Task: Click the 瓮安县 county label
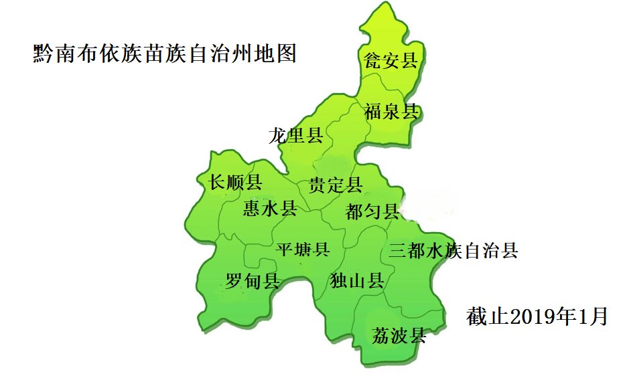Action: click(391, 62)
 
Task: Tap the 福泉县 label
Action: click(392, 111)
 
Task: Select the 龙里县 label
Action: click(296, 136)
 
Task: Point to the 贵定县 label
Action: click(336, 185)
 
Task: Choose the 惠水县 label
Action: click(270, 209)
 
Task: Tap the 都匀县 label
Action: click(372, 213)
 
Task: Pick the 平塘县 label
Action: click(303, 250)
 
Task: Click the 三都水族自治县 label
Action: click(453, 252)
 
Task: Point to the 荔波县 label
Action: click(399, 335)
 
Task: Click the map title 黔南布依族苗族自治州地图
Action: click(164, 53)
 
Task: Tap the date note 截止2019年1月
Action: click(537, 316)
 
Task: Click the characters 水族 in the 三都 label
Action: click(444, 252)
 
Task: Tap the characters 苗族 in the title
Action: click(164, 53)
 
